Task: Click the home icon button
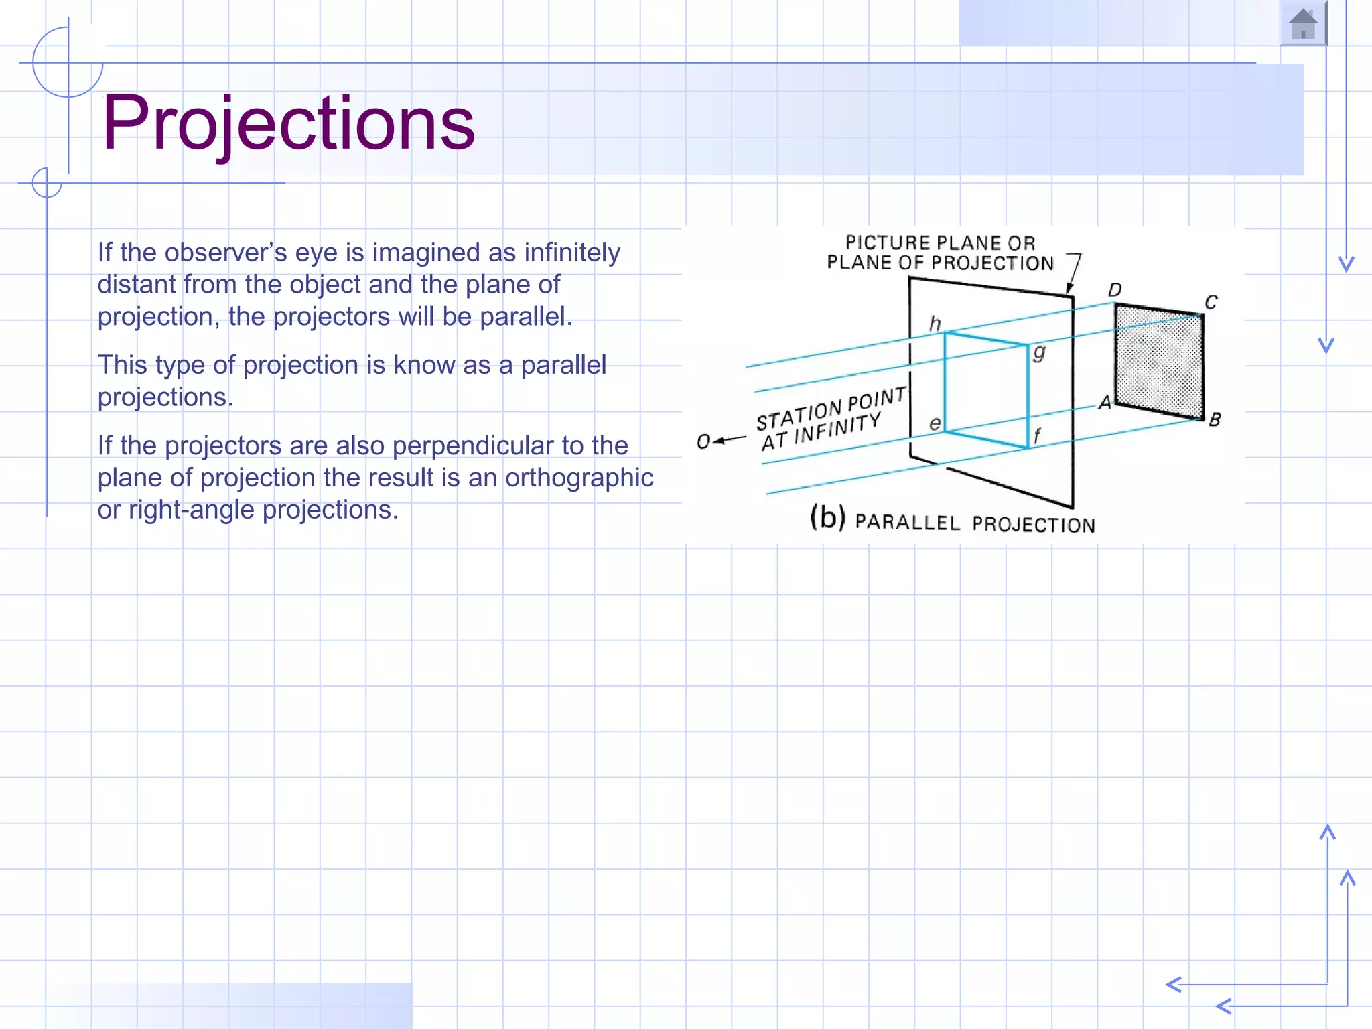click(x=1302, y=24)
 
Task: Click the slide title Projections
click(x=288, y=123)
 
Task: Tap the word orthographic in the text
click(x=579, y=478)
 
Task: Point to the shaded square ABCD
click(x=1159, y=362)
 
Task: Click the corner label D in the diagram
click(x=1115, y=290)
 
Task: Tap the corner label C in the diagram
click(x=1211, y=302)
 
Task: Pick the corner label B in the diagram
click(x=1215, y=420)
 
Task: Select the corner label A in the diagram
click(x=1105, y=403)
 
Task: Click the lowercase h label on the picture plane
click(x=935, y=324)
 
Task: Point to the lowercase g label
click(x=1038, y=352)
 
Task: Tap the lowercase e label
click(x=935, y=423)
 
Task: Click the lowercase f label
click(x=1037, y=436)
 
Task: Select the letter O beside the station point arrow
click(x=703, y=441)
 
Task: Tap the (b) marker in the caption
click(x=827, y=517)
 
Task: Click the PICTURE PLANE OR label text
click(x=940, y=243)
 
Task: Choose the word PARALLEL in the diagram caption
click(x=908, y=522)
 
